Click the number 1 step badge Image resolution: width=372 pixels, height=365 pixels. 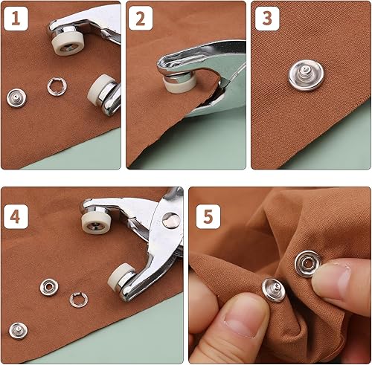coord(16,19)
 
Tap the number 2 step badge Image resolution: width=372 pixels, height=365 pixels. coord(141,19)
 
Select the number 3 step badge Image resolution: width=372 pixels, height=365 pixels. coord(267,19)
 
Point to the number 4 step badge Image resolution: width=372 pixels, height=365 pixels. coord(16,216)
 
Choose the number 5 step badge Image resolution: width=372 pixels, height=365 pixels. coord(208,216)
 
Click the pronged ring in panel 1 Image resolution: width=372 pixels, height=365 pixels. coord(57,86)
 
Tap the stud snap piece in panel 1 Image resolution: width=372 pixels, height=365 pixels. coord(16,98)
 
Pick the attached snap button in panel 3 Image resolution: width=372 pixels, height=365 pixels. coord(306,75)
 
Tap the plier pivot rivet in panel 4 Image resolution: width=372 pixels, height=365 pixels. coord(171,220)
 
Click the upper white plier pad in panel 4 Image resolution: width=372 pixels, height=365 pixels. coord(94,223)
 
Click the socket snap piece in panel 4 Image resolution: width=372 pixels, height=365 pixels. coord(49,287)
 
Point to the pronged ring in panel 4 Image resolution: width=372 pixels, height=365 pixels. coord(79,300)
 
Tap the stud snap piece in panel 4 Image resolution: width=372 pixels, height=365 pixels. coord(19,331)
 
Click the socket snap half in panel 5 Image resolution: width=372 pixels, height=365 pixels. coord(308,264)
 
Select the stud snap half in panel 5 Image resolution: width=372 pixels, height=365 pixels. coord(274,290)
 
